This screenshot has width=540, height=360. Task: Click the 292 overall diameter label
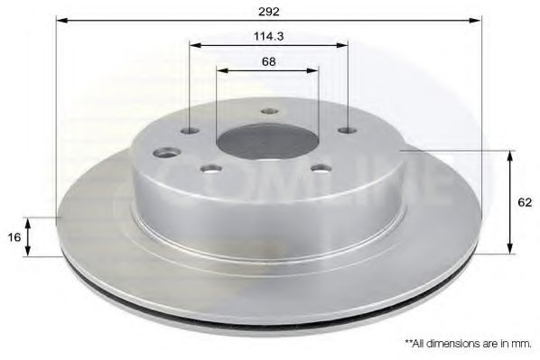[269, 12]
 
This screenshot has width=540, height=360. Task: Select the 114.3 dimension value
[268, 36]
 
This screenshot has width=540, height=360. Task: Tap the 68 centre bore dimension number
[268, 62]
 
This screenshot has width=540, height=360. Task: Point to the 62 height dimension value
[525, 202]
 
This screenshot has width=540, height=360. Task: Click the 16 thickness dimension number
[14, 237]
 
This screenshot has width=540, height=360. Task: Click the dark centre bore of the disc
[267, 142]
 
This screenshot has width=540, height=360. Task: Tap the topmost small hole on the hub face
[269, 111]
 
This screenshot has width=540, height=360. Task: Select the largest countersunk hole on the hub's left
[167, 152]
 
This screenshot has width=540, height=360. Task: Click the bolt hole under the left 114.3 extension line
[191, 131]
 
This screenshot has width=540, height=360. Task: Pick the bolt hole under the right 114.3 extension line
[348, 131]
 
